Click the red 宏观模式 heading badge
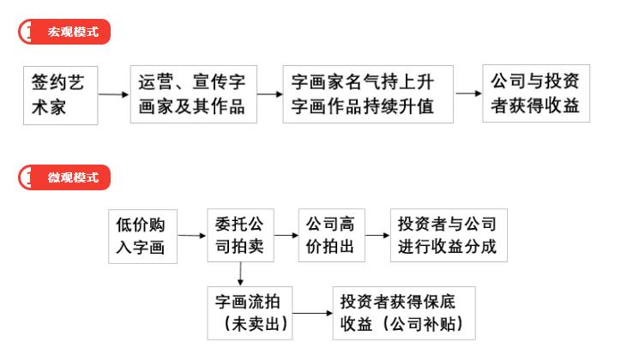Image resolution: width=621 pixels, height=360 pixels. point(64,32)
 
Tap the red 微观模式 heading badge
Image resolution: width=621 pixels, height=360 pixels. point(64,177)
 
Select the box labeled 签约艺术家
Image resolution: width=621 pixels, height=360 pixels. point(61,95)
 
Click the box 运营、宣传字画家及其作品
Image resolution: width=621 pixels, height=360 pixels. point(194,94)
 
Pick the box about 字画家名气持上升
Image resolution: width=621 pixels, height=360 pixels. point(368,94)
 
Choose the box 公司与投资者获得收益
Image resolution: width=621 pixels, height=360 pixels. point(536,93)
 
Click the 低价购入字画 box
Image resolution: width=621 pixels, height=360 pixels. point(142,237)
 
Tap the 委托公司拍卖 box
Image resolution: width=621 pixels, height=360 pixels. point(240,236)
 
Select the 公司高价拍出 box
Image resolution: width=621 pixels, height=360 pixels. point(331,236)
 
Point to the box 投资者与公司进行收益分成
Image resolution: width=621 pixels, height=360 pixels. point(449,236)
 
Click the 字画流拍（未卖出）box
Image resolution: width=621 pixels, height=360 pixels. point(250,314)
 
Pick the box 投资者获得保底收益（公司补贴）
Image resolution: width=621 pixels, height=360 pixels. point(404,314)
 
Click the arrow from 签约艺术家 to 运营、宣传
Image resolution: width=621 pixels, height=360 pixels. point(114,94)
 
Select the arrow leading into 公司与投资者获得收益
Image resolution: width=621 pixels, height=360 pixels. point(468,93)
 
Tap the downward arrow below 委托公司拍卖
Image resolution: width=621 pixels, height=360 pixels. point(240,273)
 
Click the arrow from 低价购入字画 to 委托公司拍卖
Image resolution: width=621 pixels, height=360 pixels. point(192,236)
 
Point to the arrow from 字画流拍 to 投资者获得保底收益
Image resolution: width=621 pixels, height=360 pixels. point(312,314)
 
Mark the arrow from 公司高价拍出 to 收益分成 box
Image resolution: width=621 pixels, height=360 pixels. point(377,236)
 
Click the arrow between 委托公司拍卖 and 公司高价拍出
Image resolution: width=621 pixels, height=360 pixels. point(286,236)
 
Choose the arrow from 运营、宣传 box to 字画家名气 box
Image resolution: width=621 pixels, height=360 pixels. point(269,94)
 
